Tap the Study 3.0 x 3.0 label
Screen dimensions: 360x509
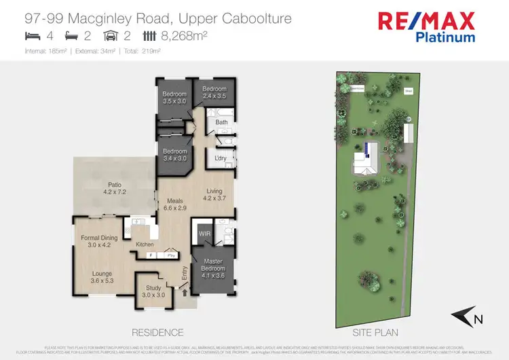pyautogui.click(x=153, y=291)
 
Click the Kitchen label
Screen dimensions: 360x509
pyautogui.click(x=145, y=244)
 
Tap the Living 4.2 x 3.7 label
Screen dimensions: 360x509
pyautogui.click(x=220, y=195)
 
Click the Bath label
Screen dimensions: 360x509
pyautogui.click(x=221, y=122)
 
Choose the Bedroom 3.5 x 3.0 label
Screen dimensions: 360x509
pyautogui.click(x=174, y=97)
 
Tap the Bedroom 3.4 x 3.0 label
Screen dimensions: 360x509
pyautogui.click(x=174, y=155)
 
